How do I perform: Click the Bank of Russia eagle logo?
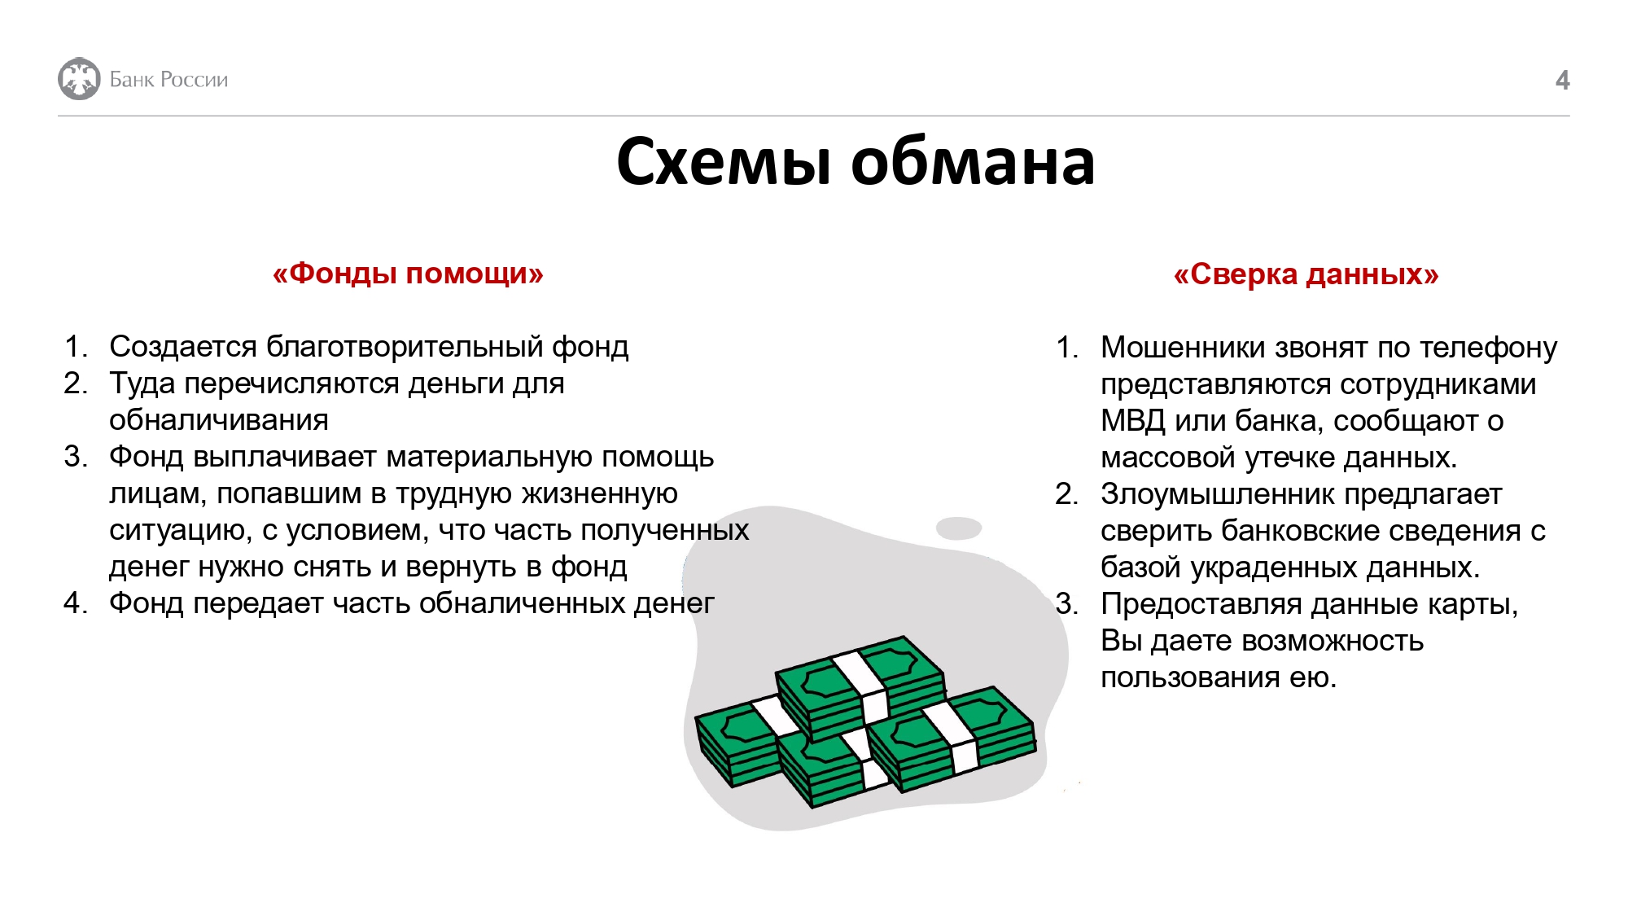[79, 79]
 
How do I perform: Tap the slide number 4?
[1562, 80]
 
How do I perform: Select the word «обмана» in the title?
[973, 162]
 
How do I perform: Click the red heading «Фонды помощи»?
[408, 273]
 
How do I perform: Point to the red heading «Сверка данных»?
[1306, 274]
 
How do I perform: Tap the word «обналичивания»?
[219, 420]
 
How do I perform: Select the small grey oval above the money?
[959, 528]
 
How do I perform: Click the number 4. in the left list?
[75, 603]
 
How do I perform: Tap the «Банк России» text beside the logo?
[168, 79]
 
